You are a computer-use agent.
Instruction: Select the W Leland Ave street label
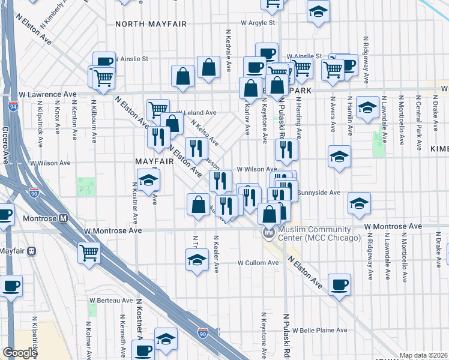[x=199, y=112]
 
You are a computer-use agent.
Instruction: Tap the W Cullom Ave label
[x=258, y=263]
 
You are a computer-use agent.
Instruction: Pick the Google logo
[x=19, y=353]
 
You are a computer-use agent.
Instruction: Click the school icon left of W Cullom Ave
[x=197, y=260]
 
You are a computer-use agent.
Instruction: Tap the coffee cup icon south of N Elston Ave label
[x=339, y=284]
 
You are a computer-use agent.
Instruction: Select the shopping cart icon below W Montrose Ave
[x=89, y=253]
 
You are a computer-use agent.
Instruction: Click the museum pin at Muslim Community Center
[x=268, y=232]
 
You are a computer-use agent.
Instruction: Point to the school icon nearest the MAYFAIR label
[x=148, y=180]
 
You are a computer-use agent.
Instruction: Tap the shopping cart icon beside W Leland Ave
[x=157, y=109]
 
